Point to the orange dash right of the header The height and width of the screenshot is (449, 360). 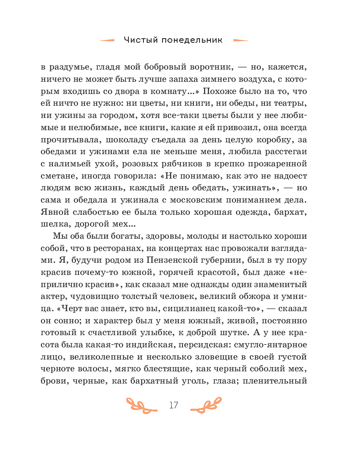click(241, 40)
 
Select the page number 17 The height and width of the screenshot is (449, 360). click(173, 405)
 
